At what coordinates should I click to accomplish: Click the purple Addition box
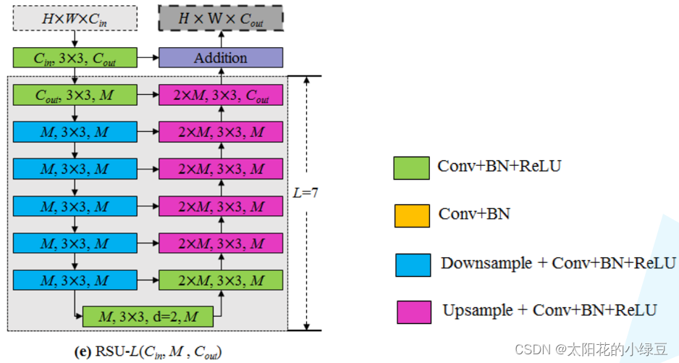pos(221,58)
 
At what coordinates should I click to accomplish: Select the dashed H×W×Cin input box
pos(75,19)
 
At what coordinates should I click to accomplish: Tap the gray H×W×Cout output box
pos(221,19)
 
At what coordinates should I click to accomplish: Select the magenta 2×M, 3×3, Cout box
pos(221,95)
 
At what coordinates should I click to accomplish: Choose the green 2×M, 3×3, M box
pos(221,280)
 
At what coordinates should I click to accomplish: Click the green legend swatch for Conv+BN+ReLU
pos(411,168)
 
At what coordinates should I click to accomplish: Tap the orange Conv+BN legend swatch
pos(411,216)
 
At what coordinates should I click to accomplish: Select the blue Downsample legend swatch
pos(413,264)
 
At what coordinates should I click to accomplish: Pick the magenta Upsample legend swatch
pos(414,312)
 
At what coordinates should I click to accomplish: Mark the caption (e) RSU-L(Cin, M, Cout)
pos(148,353)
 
